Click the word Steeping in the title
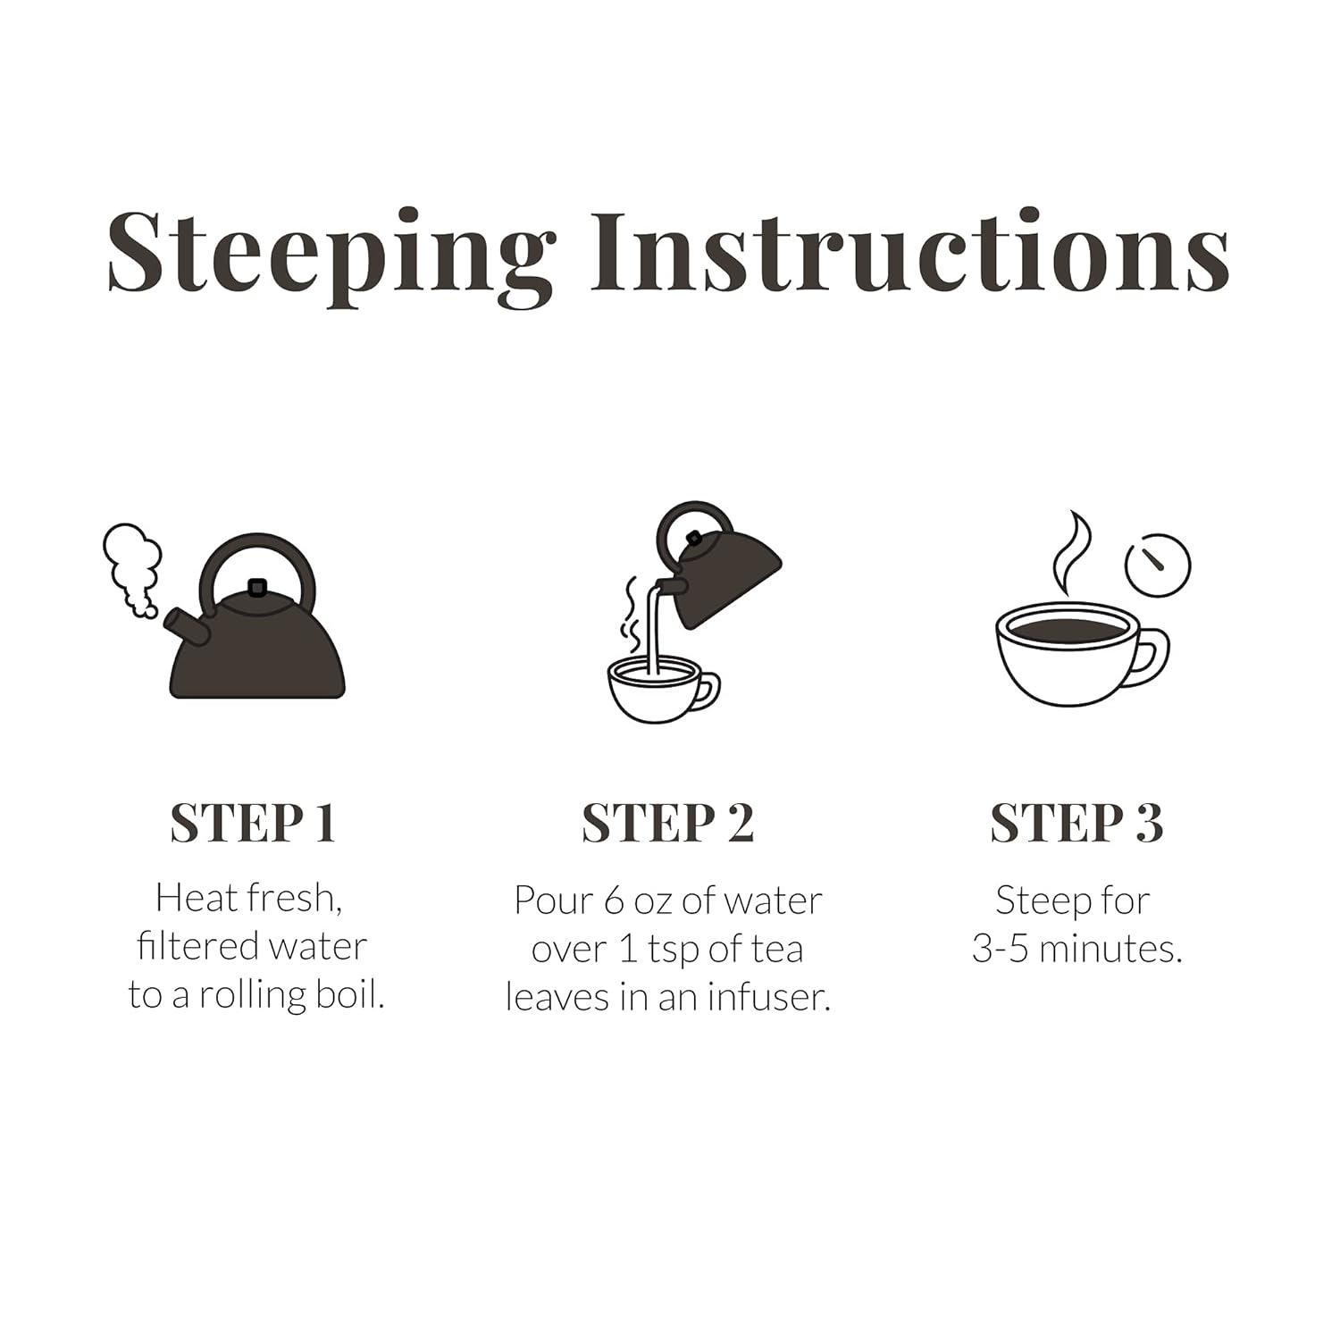[331, 255]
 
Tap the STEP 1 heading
[253, 823]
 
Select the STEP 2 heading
[668, 823]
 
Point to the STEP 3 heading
[1076, 823]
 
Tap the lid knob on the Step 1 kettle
[257, 587]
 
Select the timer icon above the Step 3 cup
[1158, 565]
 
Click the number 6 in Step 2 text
[614, 900]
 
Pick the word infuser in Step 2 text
[769, 998]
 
